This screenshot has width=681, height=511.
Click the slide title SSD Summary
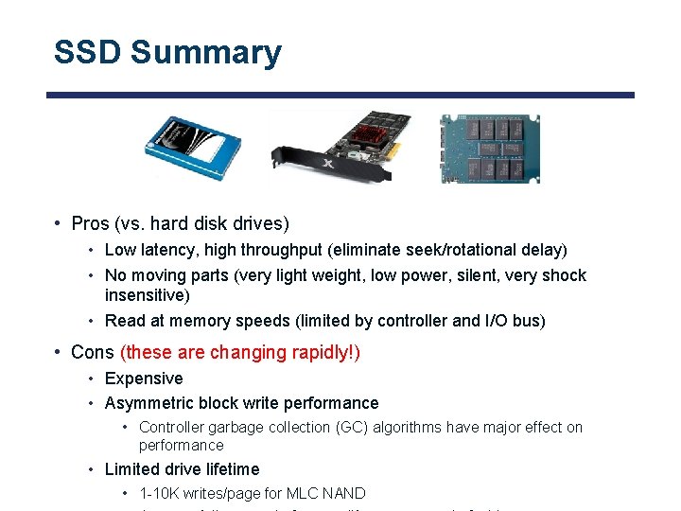coord(167,52)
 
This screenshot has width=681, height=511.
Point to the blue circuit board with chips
coord(488,148)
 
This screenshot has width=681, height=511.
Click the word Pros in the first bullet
coord(91,224)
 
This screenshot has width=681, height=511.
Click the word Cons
coord(92,353)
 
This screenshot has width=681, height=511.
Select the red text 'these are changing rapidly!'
coord(240,353)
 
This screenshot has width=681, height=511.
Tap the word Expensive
coord(144,379)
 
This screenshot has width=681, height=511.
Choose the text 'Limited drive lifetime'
coord(182,469)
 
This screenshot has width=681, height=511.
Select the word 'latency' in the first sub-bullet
coord(162,250)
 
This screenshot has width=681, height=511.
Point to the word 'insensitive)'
coord(148,295)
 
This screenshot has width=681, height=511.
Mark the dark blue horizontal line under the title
coord(340,95)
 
